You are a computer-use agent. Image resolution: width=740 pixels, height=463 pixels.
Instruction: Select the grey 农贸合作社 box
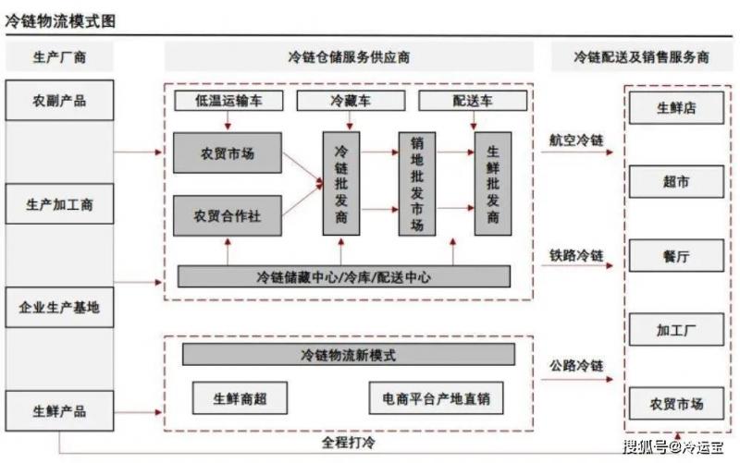pyautogui.click(x=227, y=216)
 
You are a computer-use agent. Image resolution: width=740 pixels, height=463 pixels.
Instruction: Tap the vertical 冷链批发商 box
pyautogui.click(x=341, y=183)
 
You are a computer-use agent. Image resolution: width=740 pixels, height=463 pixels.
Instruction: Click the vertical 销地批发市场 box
pyautogui.click(x=417, y=183)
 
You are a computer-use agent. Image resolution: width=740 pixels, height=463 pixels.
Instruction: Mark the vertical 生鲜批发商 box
pyautogui.click(x=492, y=183)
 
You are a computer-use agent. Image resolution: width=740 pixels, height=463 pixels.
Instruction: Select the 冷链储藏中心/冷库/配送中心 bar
pyautogui.click(x=343, y=275)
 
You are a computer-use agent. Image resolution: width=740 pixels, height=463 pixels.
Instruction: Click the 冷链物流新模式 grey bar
pyautogui.click(x=348, y=354)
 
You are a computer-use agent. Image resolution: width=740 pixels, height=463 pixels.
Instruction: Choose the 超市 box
pyautogui.click(x=676, y=182)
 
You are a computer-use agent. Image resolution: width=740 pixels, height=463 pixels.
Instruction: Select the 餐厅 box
pyautogui.click(x=676, y=256)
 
